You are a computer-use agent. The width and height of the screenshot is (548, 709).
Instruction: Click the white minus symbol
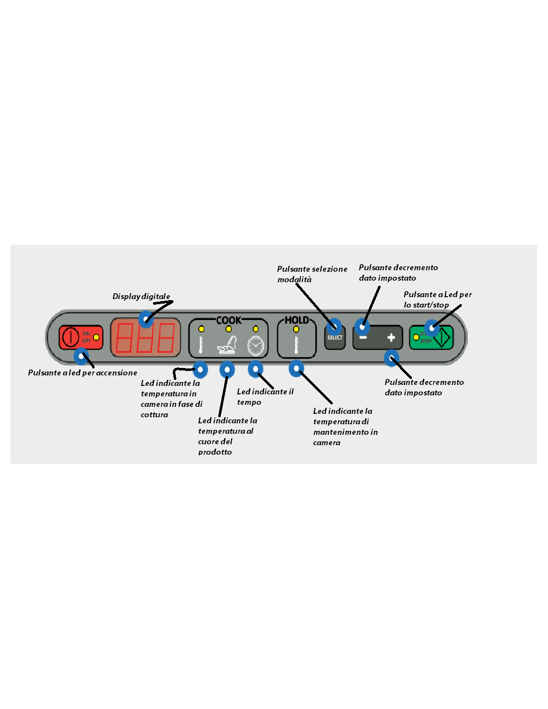[x=363, y=338]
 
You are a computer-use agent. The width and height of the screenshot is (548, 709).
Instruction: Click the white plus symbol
[x=391, y=338]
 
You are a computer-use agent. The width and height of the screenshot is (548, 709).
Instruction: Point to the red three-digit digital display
[x=145, y=338]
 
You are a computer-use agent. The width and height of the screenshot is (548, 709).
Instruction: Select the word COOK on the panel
[x=229, y=320]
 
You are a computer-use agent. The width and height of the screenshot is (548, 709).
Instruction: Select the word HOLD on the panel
[x=296, y=320]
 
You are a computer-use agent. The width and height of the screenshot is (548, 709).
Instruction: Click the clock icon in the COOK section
[x=256, y=345]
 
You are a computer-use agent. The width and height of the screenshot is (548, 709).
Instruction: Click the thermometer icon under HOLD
[x=296, y=345]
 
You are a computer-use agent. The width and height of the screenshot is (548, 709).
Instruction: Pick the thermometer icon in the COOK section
[x=201, y=345]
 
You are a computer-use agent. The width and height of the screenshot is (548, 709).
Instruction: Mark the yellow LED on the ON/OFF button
[x=96, y=338]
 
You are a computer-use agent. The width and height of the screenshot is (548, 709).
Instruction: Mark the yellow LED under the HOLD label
[x=296, y=329]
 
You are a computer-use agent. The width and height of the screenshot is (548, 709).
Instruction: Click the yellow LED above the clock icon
[x=256, y=329]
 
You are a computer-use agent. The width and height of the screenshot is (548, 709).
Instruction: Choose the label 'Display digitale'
[x=141, y=297]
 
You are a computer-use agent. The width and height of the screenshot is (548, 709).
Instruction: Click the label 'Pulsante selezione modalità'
[x=312, y=274]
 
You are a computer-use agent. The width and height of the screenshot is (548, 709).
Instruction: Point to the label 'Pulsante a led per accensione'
[x=83, y=373]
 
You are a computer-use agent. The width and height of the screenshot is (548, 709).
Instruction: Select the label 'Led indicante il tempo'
[x=265, y=397]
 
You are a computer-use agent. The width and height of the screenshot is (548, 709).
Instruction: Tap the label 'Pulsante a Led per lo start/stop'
[x=437, y=300]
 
